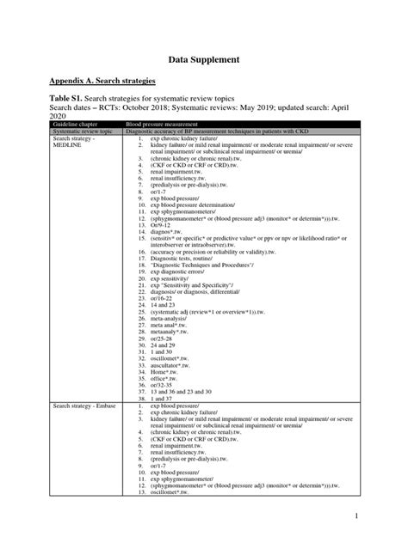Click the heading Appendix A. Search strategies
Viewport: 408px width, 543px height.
pyautogui.click(x=102, y=81)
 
